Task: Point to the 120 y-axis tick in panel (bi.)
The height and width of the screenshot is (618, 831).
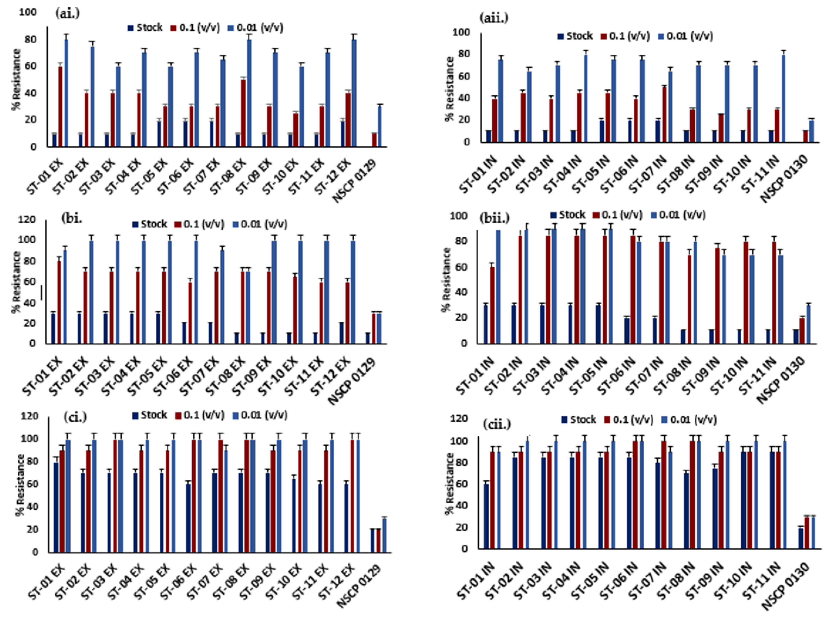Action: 27,220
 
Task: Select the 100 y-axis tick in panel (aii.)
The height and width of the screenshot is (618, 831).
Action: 461,33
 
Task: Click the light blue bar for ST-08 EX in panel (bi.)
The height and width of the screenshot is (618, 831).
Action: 248,307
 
